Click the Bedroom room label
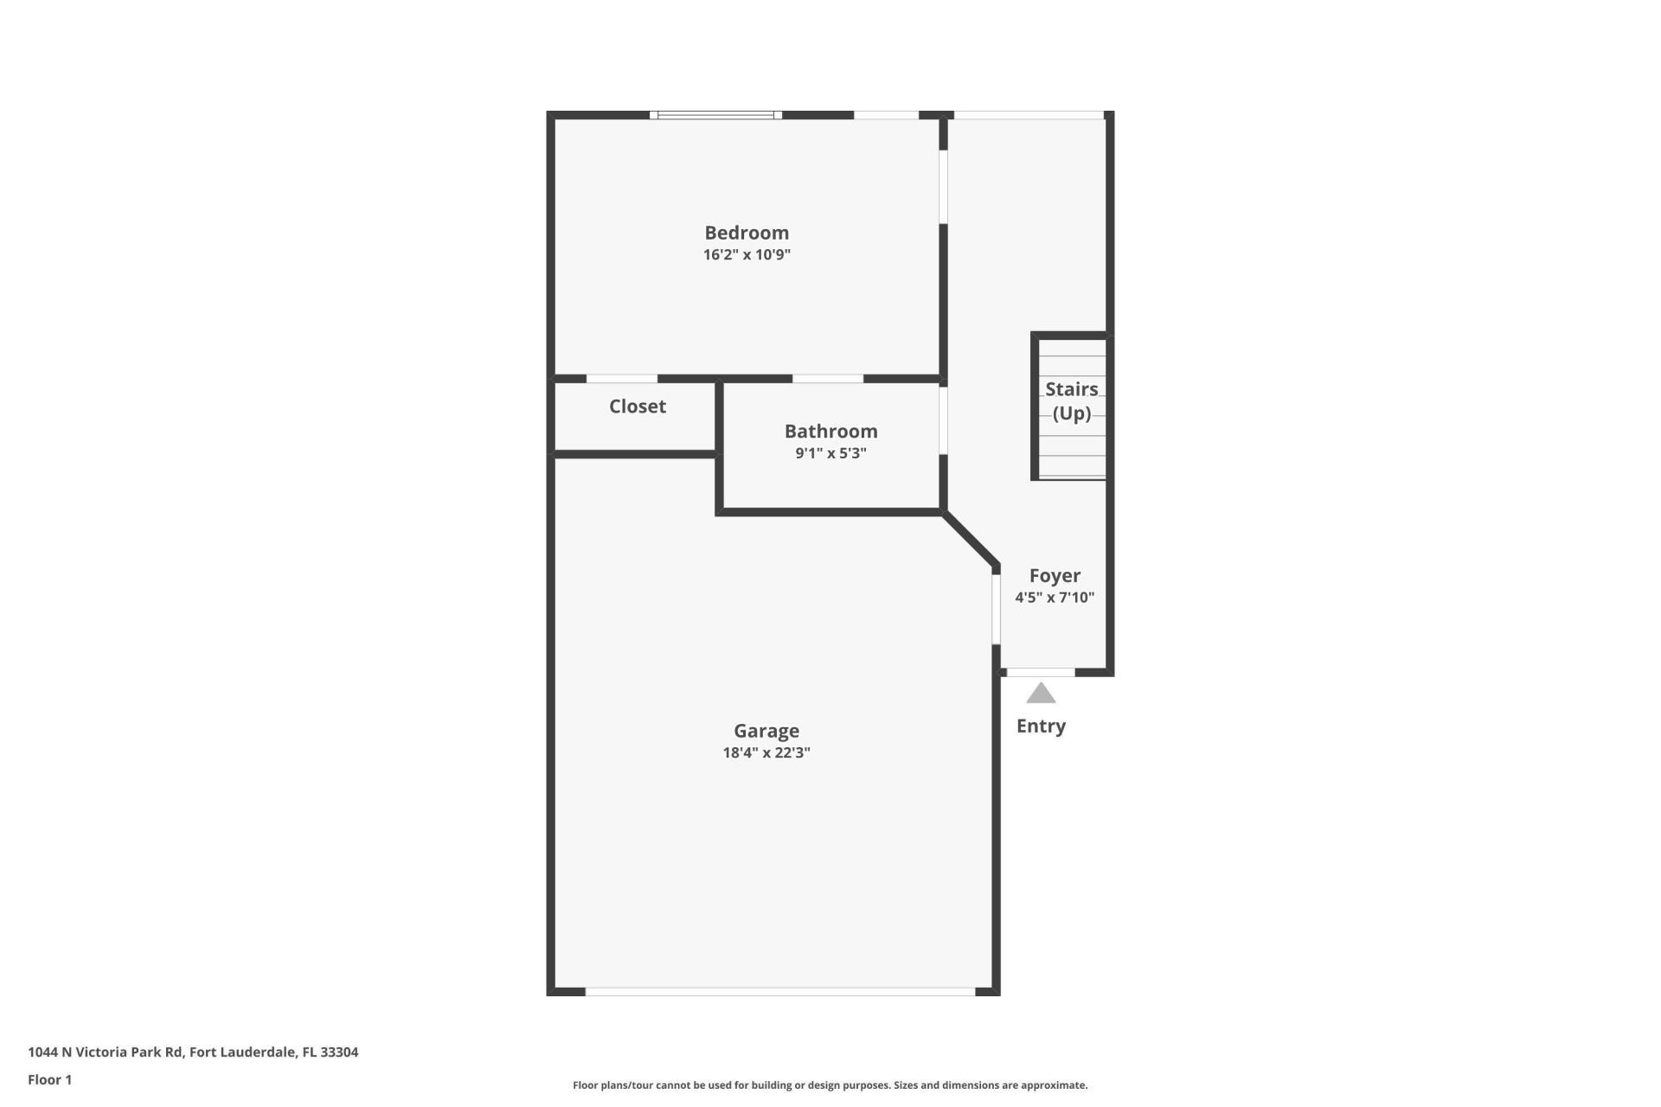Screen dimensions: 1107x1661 point(746,233)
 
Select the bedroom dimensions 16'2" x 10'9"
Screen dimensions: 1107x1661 point(746,255)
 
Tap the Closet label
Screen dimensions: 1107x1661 point(637,406)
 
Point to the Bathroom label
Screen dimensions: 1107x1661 point(830,431)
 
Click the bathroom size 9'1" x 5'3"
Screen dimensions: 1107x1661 point(830,453)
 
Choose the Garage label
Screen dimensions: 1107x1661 point(766,731)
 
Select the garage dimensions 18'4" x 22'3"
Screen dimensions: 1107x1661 point(766,752)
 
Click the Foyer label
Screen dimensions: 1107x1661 point(1055,576)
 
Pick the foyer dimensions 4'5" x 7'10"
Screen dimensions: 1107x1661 point(1055,598)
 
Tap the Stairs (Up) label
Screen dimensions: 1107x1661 point(1071,401)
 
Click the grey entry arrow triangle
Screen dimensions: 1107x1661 point(1041,694)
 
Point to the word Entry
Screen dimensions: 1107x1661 point(1041,726)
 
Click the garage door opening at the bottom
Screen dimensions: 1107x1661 point(780,992)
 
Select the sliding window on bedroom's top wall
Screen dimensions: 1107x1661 point(715,115)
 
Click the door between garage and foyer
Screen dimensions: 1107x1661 point(996,609)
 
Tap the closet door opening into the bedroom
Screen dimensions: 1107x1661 point(621,379)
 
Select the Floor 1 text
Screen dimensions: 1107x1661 point(50,1079)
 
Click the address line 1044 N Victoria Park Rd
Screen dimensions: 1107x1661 point(193,1053)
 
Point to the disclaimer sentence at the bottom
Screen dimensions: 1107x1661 point(830,1085)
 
